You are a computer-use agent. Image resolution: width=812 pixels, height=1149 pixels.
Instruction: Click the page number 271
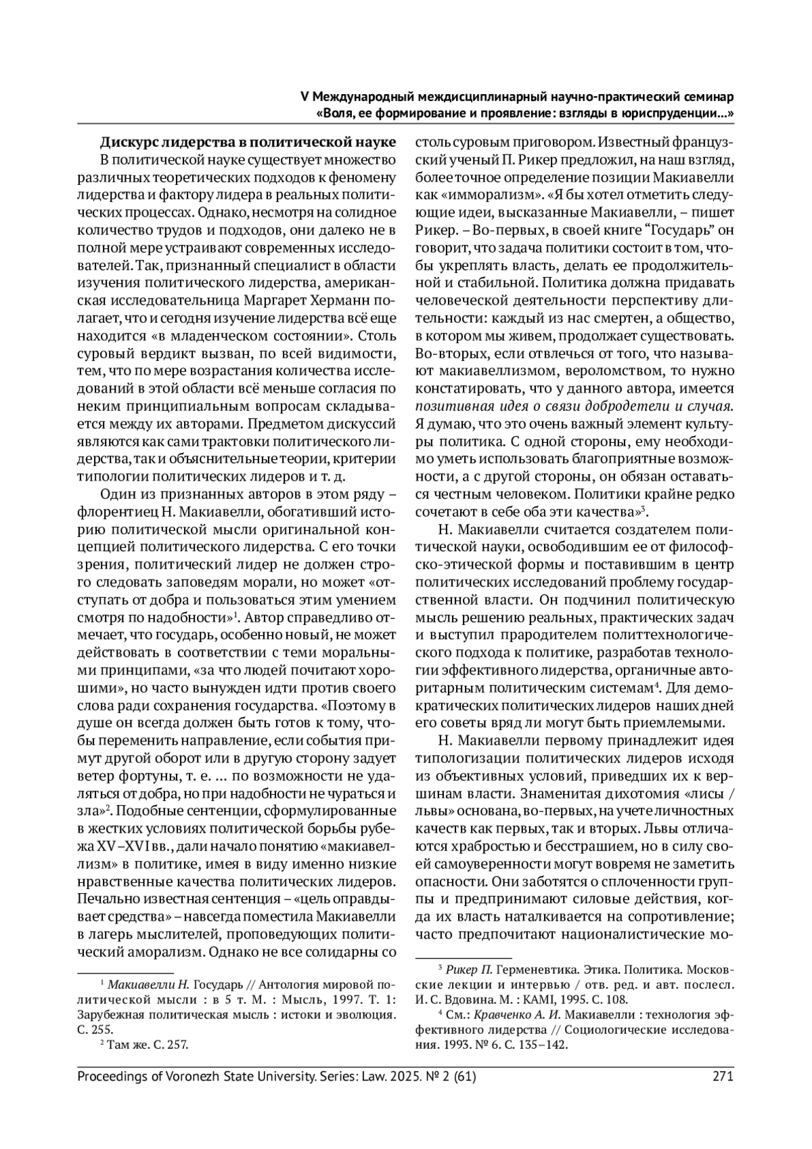pos(723,1076)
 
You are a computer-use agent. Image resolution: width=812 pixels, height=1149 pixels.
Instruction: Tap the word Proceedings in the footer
pos(111,1076)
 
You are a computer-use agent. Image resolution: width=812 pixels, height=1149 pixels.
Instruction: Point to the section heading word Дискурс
pos(130,143)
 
